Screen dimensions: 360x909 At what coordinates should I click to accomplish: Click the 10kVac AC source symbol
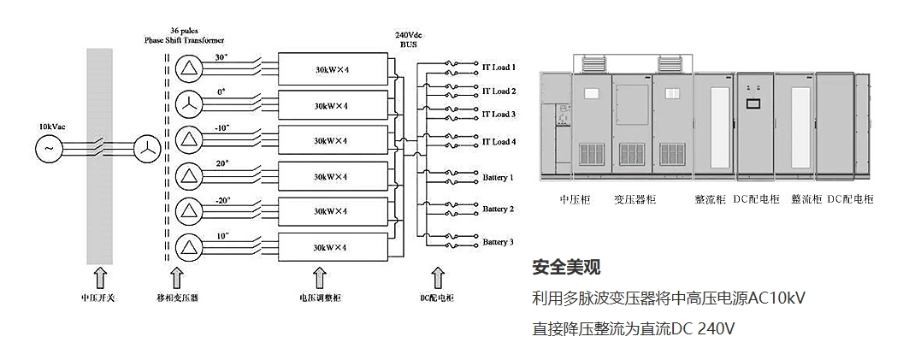tap(48, 148)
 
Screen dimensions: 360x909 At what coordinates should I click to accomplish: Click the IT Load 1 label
tap(499, 68)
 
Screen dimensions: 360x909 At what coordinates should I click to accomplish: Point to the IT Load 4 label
tap(499, 142)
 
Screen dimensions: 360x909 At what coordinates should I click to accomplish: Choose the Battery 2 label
tap(498, 210)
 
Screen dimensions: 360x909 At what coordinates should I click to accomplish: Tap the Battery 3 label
tap(498, 242)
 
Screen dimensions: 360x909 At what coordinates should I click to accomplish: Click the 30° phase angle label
tap(221, 58)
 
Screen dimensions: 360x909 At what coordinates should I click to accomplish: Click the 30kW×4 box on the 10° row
tap(329, 247)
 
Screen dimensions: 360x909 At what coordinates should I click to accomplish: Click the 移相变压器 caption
tap(177, 298)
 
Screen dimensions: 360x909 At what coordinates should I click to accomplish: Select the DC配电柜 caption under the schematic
tap(437, 298)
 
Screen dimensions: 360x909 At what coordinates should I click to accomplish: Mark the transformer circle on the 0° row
tap(186, 104)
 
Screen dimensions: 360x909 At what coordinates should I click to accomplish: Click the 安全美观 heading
tap(566, 267)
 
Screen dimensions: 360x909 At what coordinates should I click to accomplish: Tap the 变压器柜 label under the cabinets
tap(635, 199)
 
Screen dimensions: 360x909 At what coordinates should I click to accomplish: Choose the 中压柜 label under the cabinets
tap(575, 199)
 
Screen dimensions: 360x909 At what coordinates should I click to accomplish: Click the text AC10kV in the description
tap(776, 298)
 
